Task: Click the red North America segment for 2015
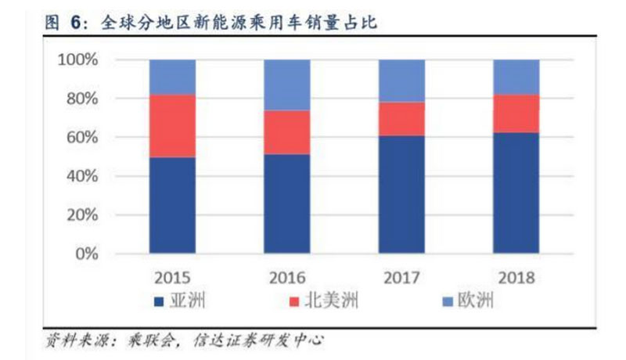tap(173, 126)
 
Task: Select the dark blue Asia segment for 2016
tap(287, 203)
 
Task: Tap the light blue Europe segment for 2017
tap(401, 81)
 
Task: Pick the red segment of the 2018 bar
tap(516, 113)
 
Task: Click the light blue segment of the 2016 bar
tap(287, 85)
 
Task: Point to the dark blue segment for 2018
tap(516, 193)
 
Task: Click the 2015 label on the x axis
tap(173, 278)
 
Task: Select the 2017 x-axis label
tap(401, 278)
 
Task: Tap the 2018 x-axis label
tap(516, 278)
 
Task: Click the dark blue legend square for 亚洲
tap(159, 300)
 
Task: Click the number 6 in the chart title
tap(76, 23)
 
